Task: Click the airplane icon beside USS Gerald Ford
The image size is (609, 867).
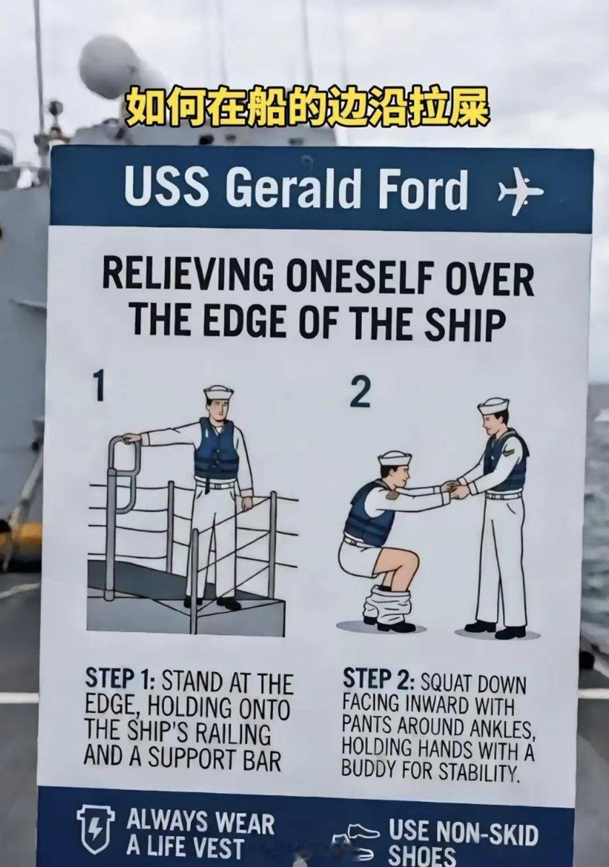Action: coord(520,191)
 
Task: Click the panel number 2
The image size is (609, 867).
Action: coord(360,394)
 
